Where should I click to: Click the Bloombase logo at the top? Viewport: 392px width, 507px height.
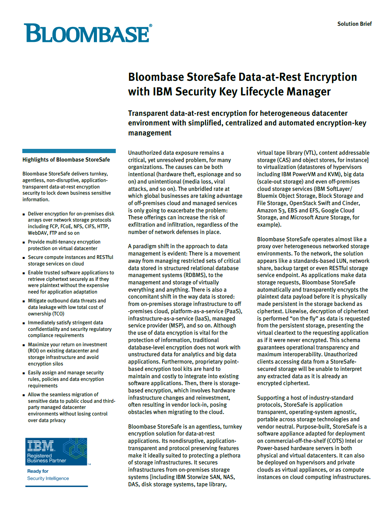88,33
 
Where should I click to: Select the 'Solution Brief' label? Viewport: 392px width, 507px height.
354,24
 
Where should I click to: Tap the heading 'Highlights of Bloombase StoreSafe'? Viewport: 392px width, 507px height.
66,160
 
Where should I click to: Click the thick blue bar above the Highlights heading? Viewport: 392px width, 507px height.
69,151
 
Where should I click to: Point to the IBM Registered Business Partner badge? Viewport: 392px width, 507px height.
56,451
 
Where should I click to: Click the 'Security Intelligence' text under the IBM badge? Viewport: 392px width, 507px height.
48,479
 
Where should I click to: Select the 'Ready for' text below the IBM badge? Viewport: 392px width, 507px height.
38,471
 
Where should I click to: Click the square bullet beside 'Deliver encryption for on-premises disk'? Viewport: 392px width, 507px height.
24,214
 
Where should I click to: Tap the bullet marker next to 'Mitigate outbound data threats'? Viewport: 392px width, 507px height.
24,301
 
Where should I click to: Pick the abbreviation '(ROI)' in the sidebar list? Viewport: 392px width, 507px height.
33,351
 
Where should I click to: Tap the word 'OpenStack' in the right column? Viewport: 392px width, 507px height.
303,203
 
